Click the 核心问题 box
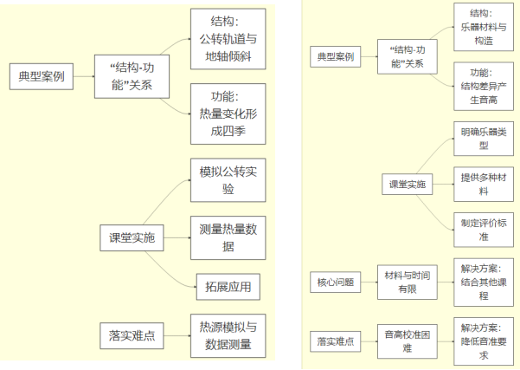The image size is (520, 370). coord(333,282)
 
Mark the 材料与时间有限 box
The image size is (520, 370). coord(407,282)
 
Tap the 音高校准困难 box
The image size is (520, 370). coord(407,341)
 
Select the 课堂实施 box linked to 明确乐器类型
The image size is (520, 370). coord(407,185)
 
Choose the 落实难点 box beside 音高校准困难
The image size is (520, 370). coord(333,341)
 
